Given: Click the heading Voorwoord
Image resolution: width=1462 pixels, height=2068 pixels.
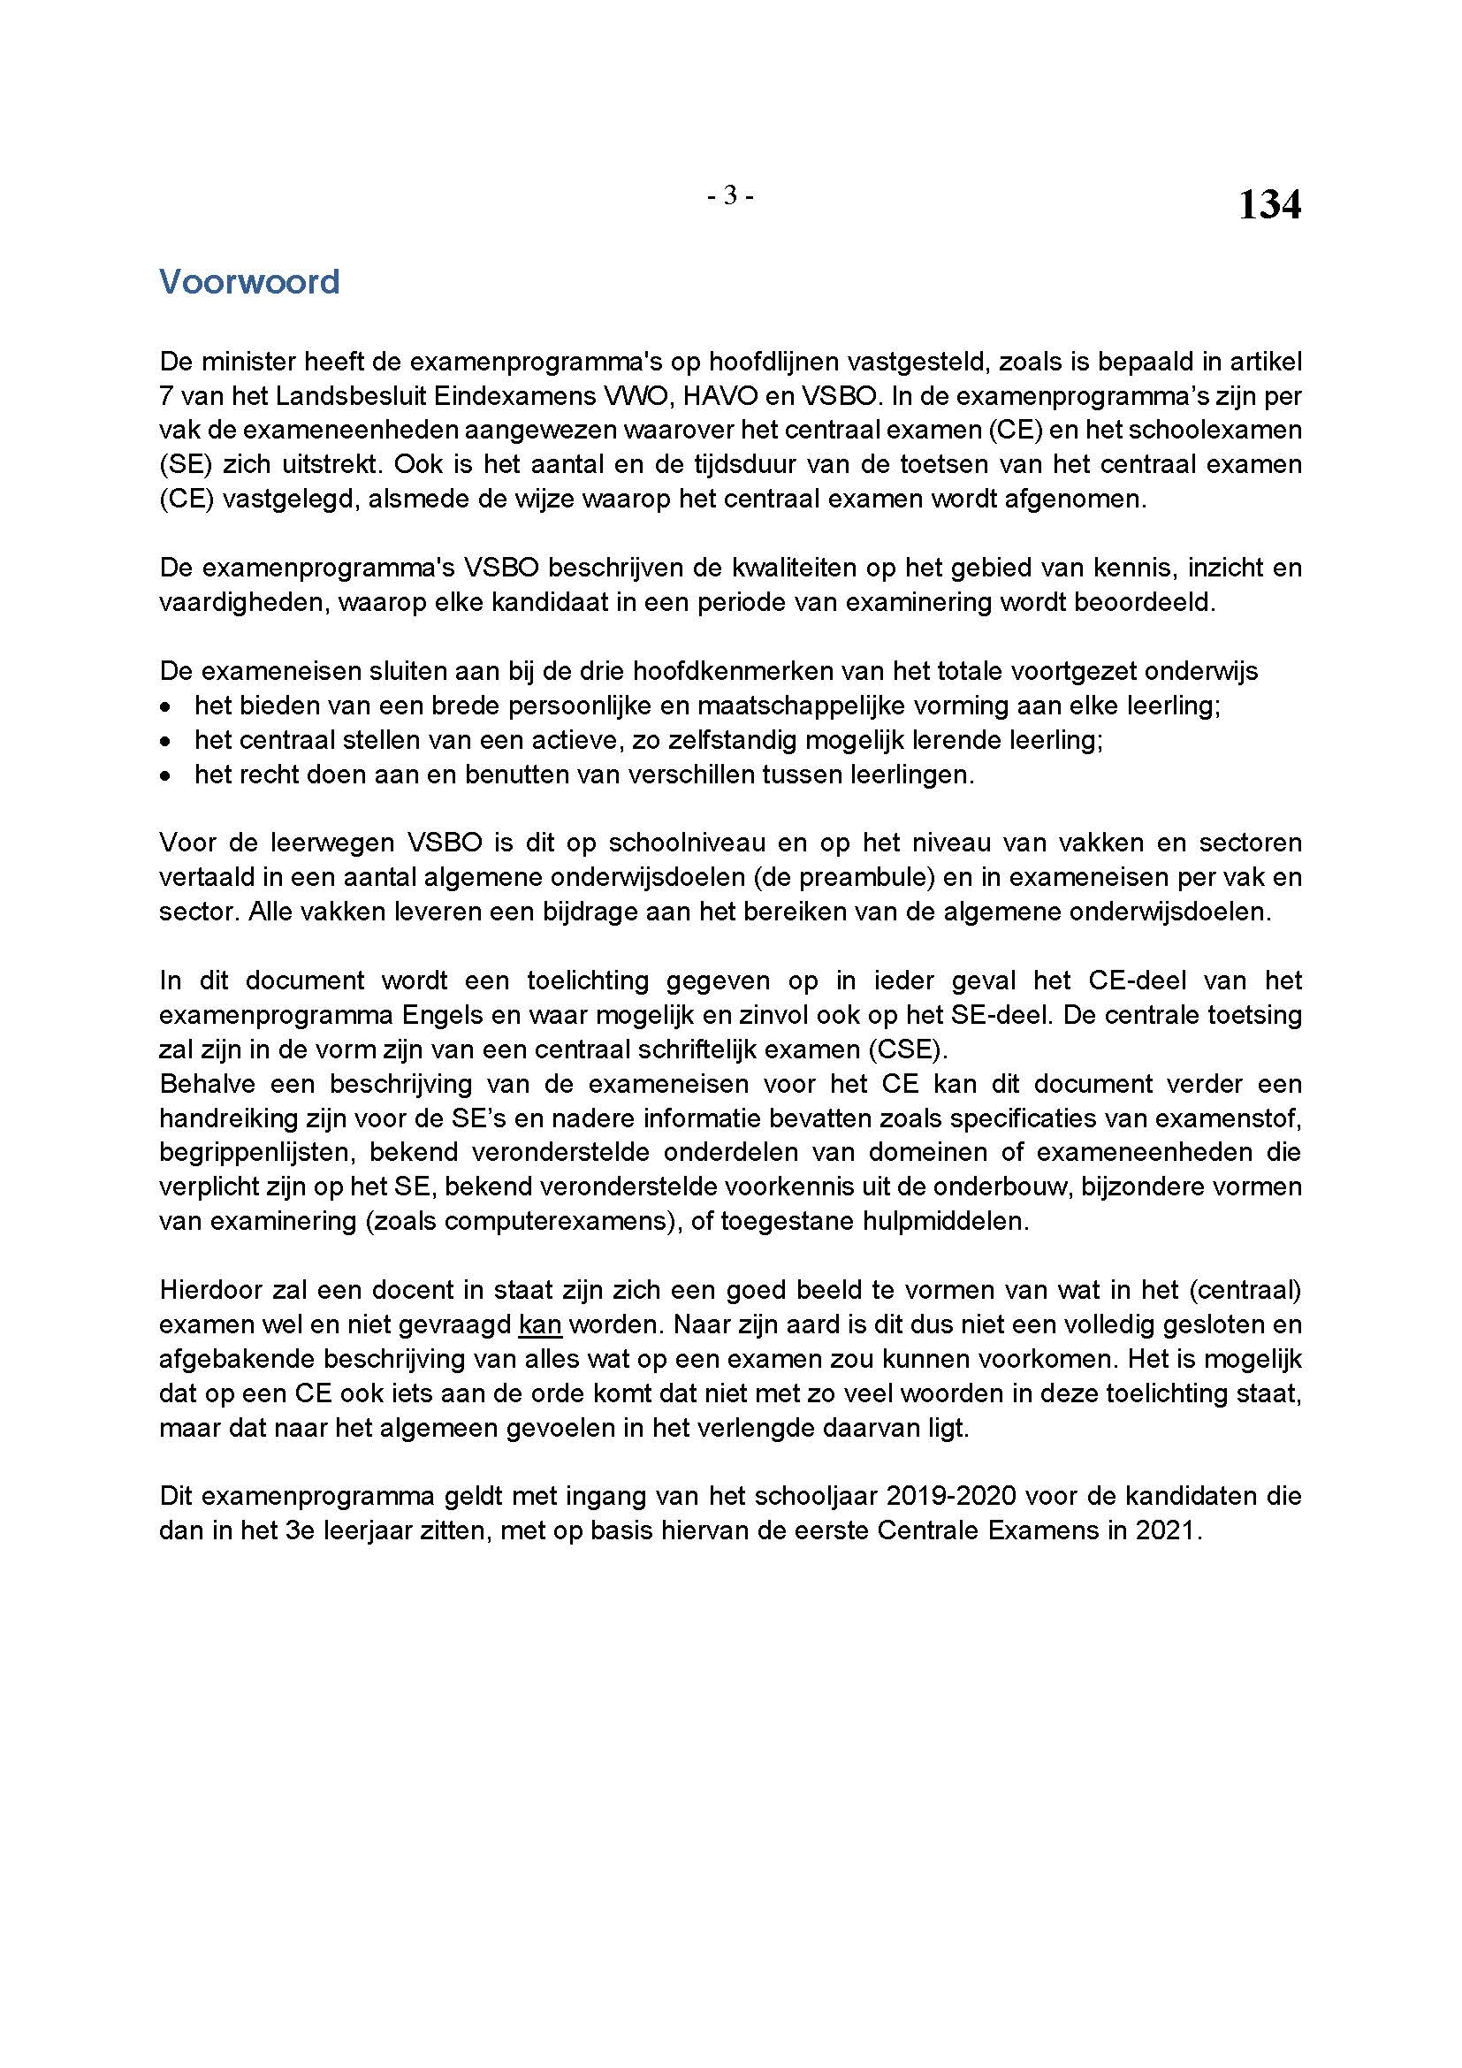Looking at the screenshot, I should click(249, 282).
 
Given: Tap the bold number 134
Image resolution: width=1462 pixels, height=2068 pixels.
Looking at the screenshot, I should click(1268, 205).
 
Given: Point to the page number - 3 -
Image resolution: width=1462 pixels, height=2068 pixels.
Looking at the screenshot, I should click(730, 195).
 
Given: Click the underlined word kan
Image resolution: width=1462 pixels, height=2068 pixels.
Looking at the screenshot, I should click(540, 1325).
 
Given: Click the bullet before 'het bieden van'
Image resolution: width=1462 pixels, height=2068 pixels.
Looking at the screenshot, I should click(164, 706).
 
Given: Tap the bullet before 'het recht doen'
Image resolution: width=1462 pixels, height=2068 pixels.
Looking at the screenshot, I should click(164, 775).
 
